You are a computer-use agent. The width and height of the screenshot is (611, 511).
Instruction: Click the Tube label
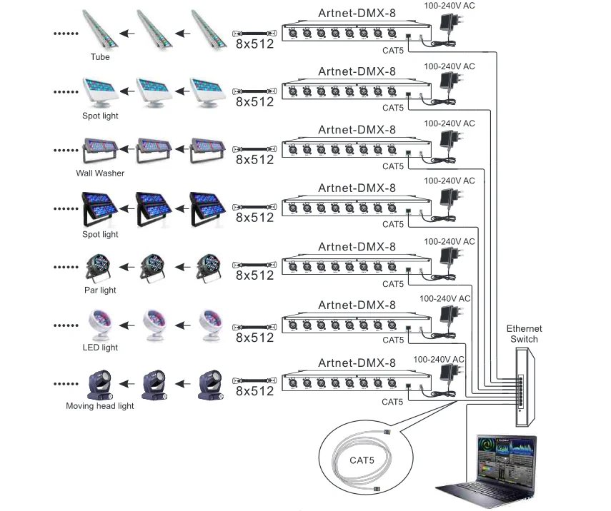click(100, 57)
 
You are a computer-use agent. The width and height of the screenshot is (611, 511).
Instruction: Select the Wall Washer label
click(100, 173)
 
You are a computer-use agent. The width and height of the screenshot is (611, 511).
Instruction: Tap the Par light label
click(100, 290)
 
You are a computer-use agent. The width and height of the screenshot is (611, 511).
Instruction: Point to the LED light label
click(100, 347)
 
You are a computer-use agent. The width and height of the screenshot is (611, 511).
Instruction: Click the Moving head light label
click(100, 405)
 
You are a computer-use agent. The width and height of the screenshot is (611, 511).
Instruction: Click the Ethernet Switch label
click(524, 334)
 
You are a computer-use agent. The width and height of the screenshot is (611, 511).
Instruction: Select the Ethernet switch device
click(526, 388)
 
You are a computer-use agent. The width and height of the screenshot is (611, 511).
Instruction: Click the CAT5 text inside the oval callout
click(362, 460)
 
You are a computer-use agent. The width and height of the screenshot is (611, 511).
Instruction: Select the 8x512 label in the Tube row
click(255, 44)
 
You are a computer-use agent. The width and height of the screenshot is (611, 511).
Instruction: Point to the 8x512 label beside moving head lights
click(255, 391)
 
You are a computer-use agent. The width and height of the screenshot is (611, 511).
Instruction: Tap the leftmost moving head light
click(101, 385)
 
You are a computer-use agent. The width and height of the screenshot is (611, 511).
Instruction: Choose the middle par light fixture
click(152, 268)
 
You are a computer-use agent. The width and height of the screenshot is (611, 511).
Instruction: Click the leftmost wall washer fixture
click(100, 150)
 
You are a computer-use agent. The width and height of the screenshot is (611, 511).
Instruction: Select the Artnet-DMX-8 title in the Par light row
click(357, 247)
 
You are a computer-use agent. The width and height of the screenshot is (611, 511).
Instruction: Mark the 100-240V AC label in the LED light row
click(445, 298)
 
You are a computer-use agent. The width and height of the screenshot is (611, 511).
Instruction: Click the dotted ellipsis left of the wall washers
click(66, 150)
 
